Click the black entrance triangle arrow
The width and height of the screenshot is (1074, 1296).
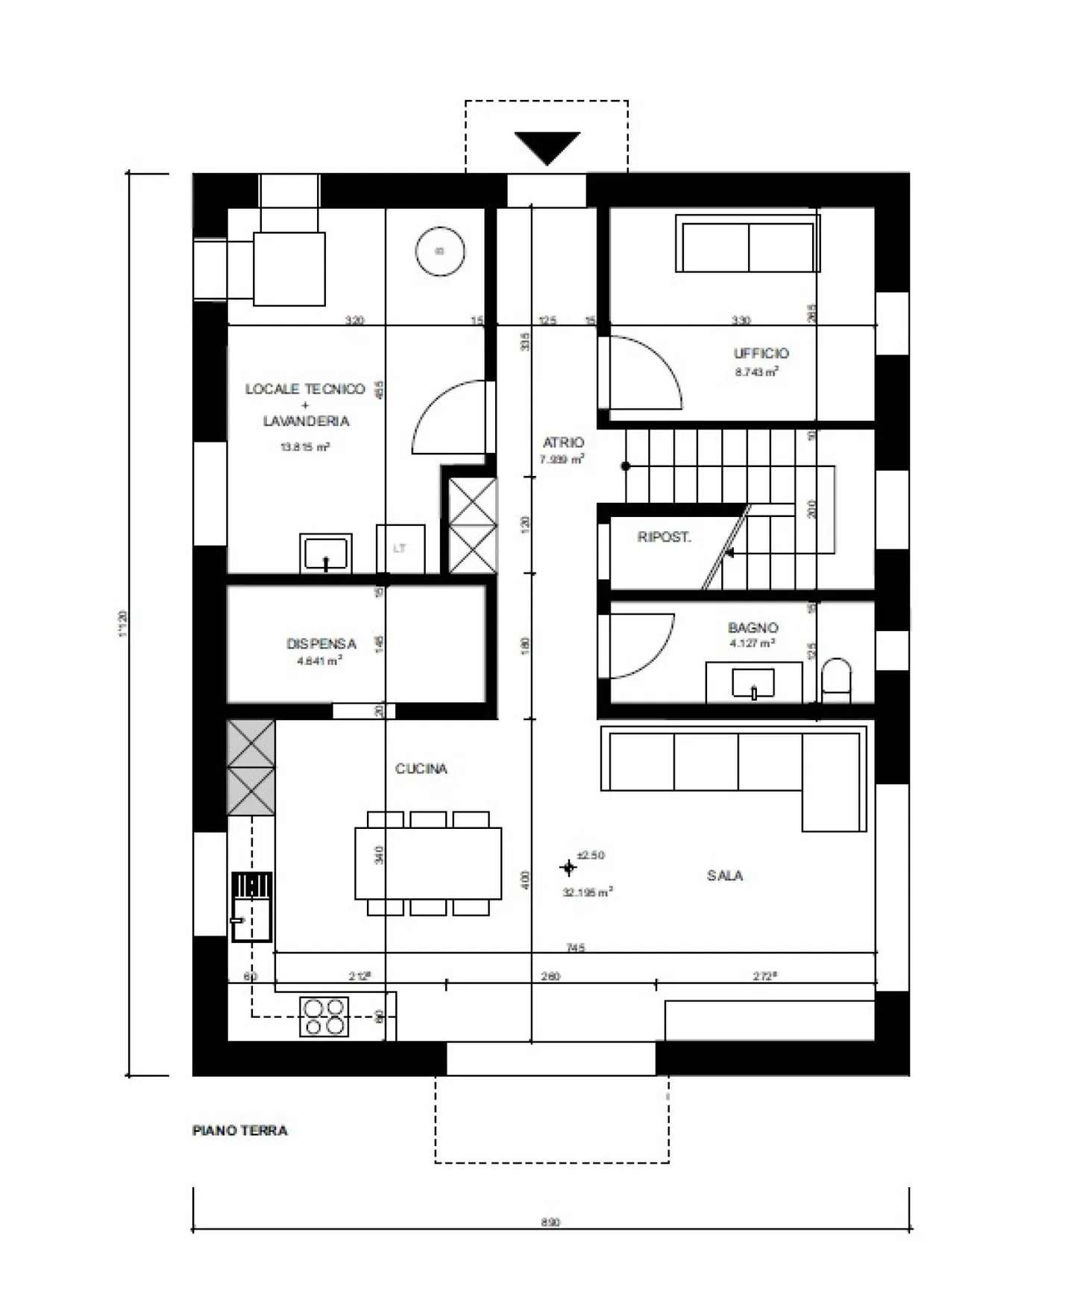point(547,146)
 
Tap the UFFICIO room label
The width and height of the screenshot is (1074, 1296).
point(760,354)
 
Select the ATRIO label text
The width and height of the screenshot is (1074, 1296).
point(563,442)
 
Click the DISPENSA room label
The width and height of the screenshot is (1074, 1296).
point(321,643)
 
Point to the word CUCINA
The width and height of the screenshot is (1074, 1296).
point(421,768)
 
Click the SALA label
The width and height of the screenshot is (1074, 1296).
point(724,875)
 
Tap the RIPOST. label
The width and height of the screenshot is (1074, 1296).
point(664,536)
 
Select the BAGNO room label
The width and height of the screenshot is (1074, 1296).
point(753,627)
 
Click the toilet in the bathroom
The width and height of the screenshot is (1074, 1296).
point(836,680)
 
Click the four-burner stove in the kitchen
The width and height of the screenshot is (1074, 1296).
point(324,1017)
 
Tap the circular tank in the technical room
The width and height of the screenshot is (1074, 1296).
point(440,251)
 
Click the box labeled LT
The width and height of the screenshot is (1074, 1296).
point(401,548)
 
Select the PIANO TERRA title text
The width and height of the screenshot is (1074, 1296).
point(239,1130)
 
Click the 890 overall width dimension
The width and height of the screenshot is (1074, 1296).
point(550,1222)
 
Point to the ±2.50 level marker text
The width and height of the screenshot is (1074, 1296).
point(591,855)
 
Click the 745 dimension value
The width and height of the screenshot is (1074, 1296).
point(575,948)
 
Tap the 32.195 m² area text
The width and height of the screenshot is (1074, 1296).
point(588,892)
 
